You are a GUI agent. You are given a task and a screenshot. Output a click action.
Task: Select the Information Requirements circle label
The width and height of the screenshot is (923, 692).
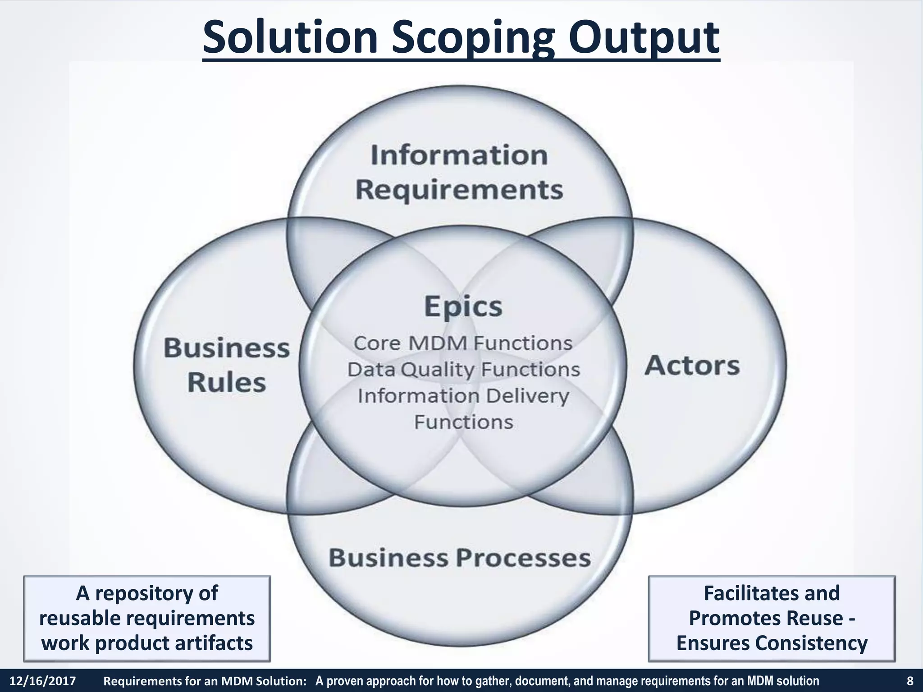point(459,172)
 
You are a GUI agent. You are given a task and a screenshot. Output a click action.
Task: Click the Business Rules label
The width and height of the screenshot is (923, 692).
point(226,365)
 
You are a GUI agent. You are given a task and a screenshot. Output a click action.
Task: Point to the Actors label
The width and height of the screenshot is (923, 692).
point(692,365)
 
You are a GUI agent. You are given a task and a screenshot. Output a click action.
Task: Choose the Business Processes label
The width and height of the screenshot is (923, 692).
point(459,558)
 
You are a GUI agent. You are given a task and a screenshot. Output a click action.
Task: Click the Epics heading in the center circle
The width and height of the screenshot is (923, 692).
point(463,306)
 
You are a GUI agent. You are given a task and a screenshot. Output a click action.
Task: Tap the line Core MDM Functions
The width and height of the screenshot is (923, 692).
point(463,343)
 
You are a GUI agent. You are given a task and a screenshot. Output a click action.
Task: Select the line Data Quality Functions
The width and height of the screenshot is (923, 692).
point(463,370)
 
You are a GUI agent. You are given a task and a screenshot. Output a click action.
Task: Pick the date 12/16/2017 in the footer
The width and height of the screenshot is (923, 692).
point(43,681)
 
